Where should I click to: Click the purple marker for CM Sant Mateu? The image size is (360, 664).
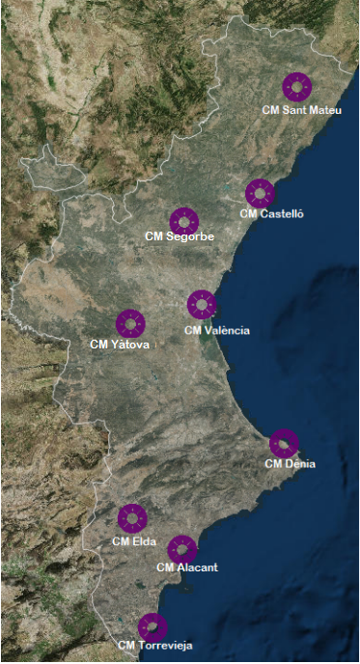tap(297, 87)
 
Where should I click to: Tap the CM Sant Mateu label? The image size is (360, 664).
tap(302, 110)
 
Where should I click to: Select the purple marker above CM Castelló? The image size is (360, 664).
tap(260, 193)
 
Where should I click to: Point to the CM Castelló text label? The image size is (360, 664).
tap(271, 213)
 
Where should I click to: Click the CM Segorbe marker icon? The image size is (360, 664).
tap(183, 221)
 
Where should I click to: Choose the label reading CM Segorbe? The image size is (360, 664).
tap(180, 236)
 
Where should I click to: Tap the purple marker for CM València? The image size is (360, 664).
tap(202, 304)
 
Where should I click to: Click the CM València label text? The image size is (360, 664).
tap(216, 331)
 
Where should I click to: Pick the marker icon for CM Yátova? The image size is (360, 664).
tap(130, 323)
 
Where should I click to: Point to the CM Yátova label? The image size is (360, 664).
tap(120, 344)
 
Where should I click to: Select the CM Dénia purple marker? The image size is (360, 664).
tap(284, 444)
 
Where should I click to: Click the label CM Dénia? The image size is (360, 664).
tap(290, 463)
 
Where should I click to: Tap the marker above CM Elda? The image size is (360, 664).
tap(132, 518)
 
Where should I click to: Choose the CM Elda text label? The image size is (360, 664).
tap(133, 541)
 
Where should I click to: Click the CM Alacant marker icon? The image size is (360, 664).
tap(181, 550)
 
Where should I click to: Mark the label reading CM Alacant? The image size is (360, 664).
tap(187, 568)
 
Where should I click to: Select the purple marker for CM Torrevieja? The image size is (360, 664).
tap(152, 627)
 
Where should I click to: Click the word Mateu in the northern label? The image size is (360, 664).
tap(325, 110)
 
